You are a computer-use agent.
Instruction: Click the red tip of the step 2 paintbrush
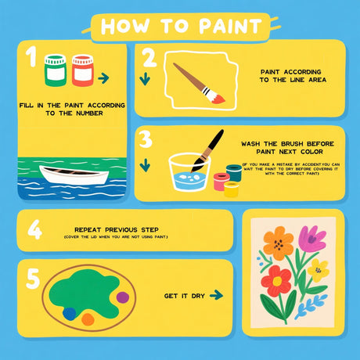(218, 99)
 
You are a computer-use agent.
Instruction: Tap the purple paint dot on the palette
(122, 297)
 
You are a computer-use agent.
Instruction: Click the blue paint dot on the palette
(70, 313)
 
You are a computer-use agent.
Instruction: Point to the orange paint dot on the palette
(88, 319)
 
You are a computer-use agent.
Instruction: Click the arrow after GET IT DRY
(217, 296)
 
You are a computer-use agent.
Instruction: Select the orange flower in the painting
(278, 243)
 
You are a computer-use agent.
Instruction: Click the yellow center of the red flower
(275, 279)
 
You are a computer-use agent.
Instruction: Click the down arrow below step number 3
(145, 166)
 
